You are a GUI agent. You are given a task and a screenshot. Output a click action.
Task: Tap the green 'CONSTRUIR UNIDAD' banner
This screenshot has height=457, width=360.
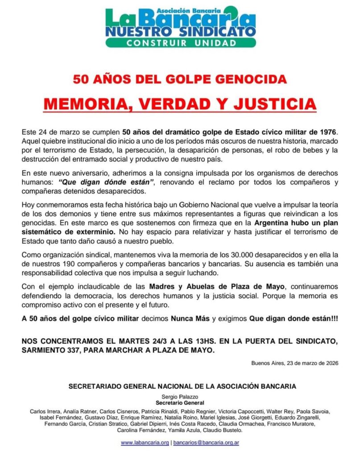(x=180, y=43)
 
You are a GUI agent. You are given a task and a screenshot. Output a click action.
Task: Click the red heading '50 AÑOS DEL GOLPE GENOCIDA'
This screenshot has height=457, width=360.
(x=180, y=80)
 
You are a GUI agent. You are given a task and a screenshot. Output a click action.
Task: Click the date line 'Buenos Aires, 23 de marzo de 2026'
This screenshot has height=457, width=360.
(x=295, y=363)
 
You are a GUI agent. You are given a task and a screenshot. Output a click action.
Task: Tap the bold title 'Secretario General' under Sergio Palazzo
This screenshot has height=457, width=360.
(x=180, y=403)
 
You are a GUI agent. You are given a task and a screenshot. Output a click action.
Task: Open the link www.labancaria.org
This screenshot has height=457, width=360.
(x=145, y=442)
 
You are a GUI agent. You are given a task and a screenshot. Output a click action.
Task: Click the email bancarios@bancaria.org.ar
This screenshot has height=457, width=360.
(x=206, y=442)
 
